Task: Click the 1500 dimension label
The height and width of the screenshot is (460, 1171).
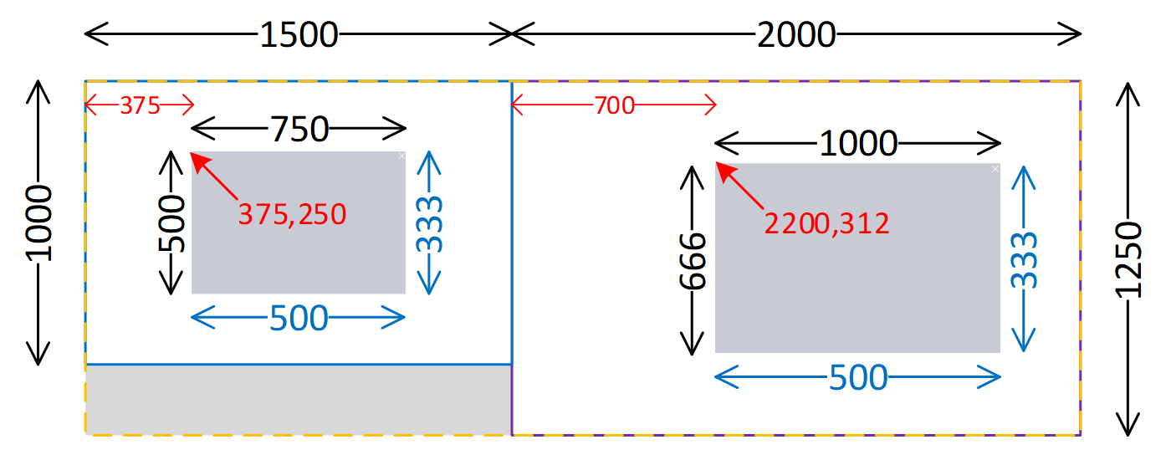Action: pos(299,34)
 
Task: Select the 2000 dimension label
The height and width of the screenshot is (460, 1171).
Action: pos(795,34)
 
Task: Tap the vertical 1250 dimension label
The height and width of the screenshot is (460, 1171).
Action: pos(1128,260)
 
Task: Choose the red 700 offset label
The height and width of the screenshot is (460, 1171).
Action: pos(615,105)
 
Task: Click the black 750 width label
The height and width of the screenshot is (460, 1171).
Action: pos(299,130)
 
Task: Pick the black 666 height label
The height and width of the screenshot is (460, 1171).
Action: pos(693,260)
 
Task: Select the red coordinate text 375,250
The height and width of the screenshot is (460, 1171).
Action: pos(292,215)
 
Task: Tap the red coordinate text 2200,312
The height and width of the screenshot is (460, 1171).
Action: pos(826,222)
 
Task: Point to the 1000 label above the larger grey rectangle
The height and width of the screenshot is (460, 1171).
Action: pos(857,144)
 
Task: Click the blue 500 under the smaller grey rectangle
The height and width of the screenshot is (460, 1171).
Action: pos(299,318)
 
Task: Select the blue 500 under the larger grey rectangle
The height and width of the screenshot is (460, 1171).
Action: pos(857,378)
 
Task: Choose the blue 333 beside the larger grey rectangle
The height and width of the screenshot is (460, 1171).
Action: pos(1023,260)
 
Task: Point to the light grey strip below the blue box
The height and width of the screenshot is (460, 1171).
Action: pos(299,400)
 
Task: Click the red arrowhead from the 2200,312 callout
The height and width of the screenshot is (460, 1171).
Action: pos(721,169)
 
